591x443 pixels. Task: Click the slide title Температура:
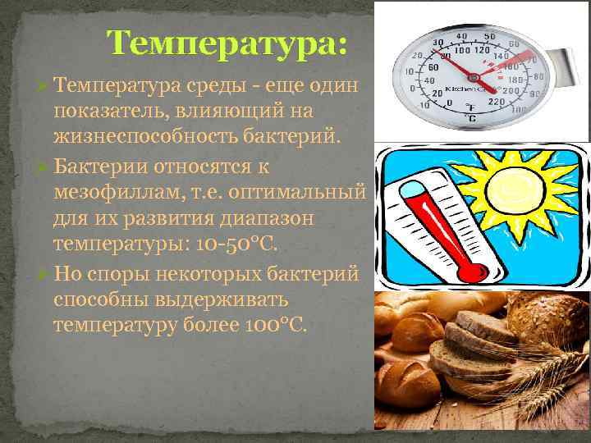pos(227,42)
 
